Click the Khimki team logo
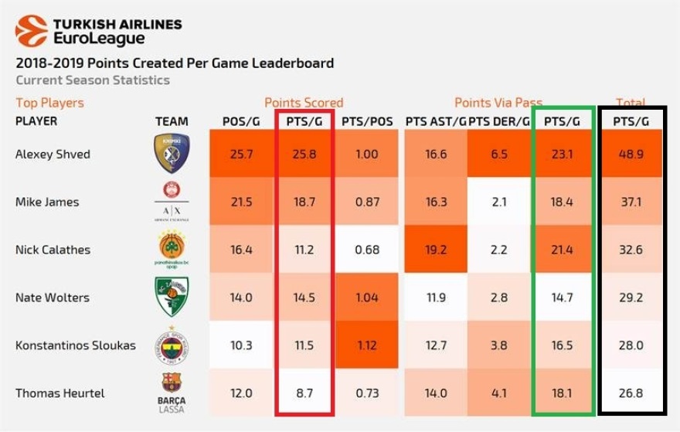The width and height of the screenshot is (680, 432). tap(171, 153)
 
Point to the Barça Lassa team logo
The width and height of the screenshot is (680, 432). tap(171, 391)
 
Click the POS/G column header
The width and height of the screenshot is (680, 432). tap(240, 121)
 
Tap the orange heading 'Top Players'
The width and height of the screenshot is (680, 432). tap(49, 103)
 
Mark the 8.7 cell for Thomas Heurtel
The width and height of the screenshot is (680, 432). tap(304, 393)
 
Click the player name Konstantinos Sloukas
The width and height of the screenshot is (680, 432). tap(76, 345)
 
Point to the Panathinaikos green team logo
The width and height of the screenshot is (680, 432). tap(171, 248)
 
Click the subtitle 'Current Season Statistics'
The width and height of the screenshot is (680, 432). tap(92, 80)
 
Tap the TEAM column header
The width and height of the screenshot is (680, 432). tap(171, 121)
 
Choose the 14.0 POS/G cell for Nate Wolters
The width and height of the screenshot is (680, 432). tap(240, 298)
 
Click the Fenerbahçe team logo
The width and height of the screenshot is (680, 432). tap(171, 344)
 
